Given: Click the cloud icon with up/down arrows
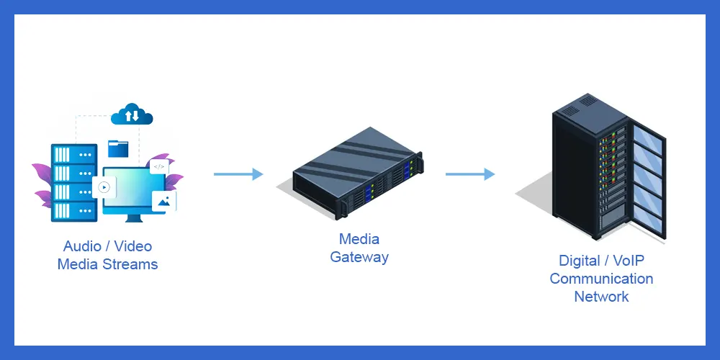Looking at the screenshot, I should [132, 114].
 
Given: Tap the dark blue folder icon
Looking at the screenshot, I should [117, 148].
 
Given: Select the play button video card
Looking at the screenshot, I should [104, 187].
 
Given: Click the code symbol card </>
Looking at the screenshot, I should [159, 166].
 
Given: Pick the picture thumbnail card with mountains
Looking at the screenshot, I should [163, 201].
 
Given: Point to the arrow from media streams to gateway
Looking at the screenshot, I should [238, 174].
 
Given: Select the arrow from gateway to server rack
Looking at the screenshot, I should [469, 174].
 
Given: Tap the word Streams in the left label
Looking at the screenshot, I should [130, 264].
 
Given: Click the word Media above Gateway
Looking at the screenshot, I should [359, 239].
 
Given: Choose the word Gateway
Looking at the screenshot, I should [359, 257].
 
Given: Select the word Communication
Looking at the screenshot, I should [601, 279].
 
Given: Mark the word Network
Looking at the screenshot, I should [601, 297].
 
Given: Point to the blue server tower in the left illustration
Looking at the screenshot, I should [72, 183].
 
